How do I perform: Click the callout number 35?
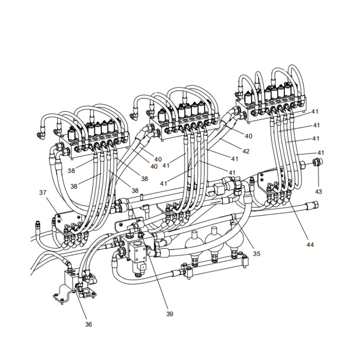256,253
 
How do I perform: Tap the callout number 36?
89,324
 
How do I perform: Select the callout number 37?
43,193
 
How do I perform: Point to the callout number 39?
170,314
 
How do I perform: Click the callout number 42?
246,151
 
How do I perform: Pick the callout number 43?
319,191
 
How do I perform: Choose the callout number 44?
310,244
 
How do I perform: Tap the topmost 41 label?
315,111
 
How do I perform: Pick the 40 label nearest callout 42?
248,136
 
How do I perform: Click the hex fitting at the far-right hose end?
311,207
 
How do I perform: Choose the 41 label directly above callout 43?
320,153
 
